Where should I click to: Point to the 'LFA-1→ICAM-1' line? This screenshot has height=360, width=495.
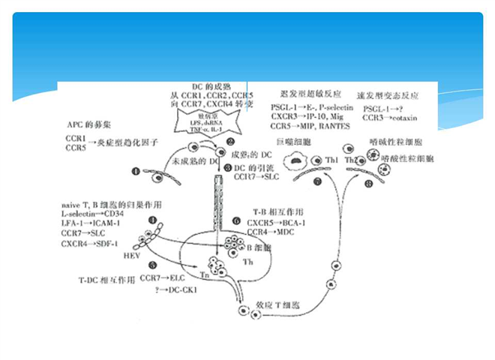[91, 223]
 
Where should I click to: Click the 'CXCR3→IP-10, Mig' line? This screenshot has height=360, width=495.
[304, 117]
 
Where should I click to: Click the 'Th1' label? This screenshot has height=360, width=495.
[331, 160]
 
